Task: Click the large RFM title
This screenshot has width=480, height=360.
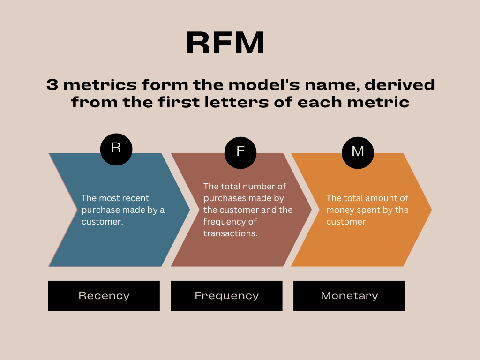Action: (225, 44)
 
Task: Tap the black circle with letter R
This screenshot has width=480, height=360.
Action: (116, 149)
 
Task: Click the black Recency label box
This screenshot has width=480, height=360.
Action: (104, 296)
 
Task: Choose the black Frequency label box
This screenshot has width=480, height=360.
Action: (226, 296)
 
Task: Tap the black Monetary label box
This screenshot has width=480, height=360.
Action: (349, 296)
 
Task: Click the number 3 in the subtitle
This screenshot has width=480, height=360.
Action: (52, 85)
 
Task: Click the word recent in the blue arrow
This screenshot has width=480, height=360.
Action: (136, 198)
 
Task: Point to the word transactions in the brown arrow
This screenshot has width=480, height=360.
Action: (230, 233)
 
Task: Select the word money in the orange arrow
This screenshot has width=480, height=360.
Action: (338, 210)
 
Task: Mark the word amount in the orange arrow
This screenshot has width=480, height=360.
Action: (376, 198)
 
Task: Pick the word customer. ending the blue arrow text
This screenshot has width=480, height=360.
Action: (102, 222)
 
